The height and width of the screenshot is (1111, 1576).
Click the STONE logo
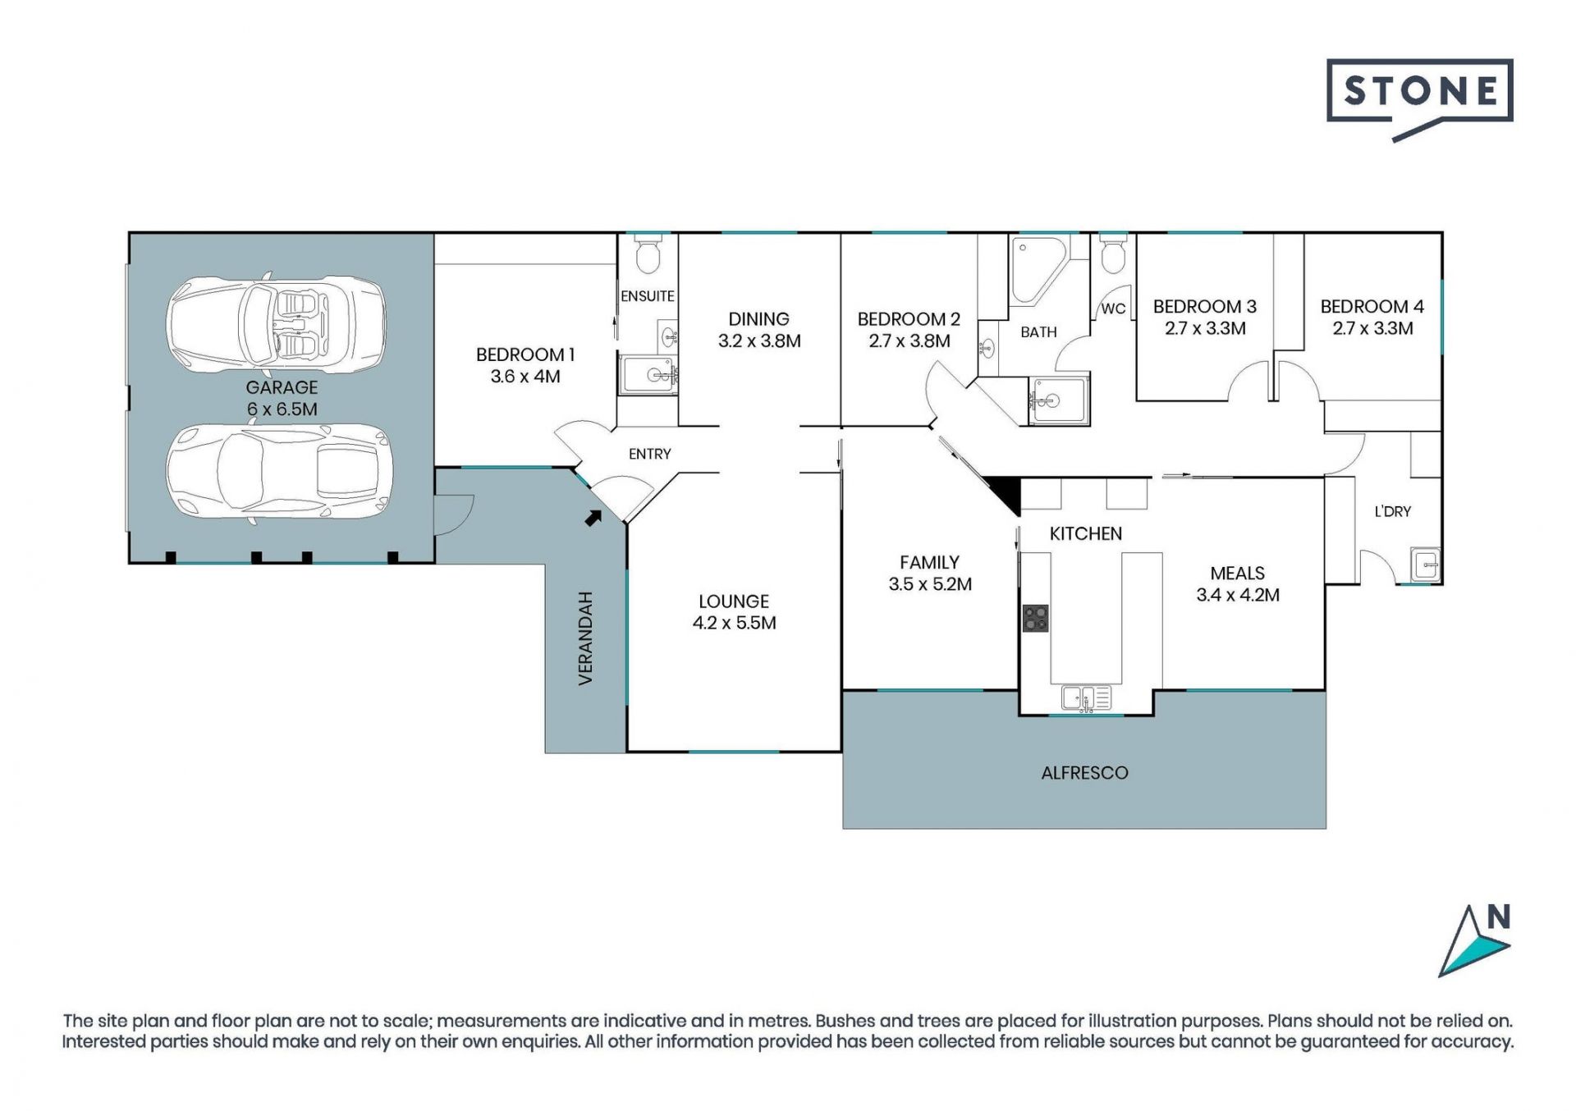(x=1419, y=98)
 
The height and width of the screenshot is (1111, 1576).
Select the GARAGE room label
(x=282, y=387)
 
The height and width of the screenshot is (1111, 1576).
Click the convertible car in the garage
(x=276, y=323)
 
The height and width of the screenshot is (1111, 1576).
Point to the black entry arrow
(x=593, y=517)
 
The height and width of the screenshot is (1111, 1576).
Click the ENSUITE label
(x=648, y=296)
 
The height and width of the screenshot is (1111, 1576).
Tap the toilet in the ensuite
(x=648, y=254)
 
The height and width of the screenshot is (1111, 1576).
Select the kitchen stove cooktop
(x=1035, y=618)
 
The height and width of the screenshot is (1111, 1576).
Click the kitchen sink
(x=1086, y=698)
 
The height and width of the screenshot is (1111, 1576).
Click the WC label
(x=1113, y=309)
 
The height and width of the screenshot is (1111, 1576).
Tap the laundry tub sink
(x=1426, y=565)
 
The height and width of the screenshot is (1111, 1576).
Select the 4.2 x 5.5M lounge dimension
(x=734, y=623)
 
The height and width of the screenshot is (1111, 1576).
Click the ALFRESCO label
(x=1084, y=773)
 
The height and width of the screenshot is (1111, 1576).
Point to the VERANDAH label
(x=585, y=638)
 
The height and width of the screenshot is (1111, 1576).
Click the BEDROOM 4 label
(x=1372, y=307)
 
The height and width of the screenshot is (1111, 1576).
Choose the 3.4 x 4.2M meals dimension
(x=1238, y=595)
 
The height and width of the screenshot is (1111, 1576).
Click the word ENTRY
(x=649, y=454)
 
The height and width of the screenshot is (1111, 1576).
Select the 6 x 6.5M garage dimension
(x=282, y=409)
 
